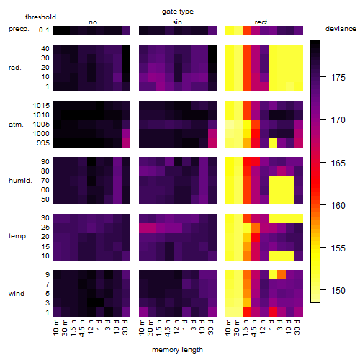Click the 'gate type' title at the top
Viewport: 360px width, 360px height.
[x=178, y=12]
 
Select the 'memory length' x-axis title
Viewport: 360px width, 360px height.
[x=177, y=350]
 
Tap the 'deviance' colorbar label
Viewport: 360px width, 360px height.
[x=341, y=29]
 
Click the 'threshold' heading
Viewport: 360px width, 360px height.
[x=40, y=17]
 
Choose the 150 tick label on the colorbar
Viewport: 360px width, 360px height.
[x=338, y=291]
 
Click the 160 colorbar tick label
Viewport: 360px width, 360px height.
[x=338, y=206]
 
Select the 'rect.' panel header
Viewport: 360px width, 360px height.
[x=262, y=22]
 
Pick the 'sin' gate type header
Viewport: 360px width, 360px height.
[x=177, y=22]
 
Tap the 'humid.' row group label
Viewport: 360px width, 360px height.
[x=20, y=181]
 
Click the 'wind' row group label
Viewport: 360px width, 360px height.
[x=17, y=294]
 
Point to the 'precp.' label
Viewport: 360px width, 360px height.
[x=19, y=29]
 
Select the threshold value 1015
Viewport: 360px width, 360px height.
[x=41, y=106]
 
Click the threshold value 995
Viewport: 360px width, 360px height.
[x=43, y=143]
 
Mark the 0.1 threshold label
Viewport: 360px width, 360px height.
[x=44, y=30]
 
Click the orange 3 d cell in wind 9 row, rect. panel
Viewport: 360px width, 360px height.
[x=282, y=275]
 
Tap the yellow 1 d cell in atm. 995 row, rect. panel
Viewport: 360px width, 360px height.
[x=273, y=143]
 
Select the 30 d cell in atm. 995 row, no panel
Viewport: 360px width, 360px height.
[x=126, y=143]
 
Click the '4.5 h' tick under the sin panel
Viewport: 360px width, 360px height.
[x=168, y=328]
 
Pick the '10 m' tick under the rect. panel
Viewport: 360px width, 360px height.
[x=229, y=328]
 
